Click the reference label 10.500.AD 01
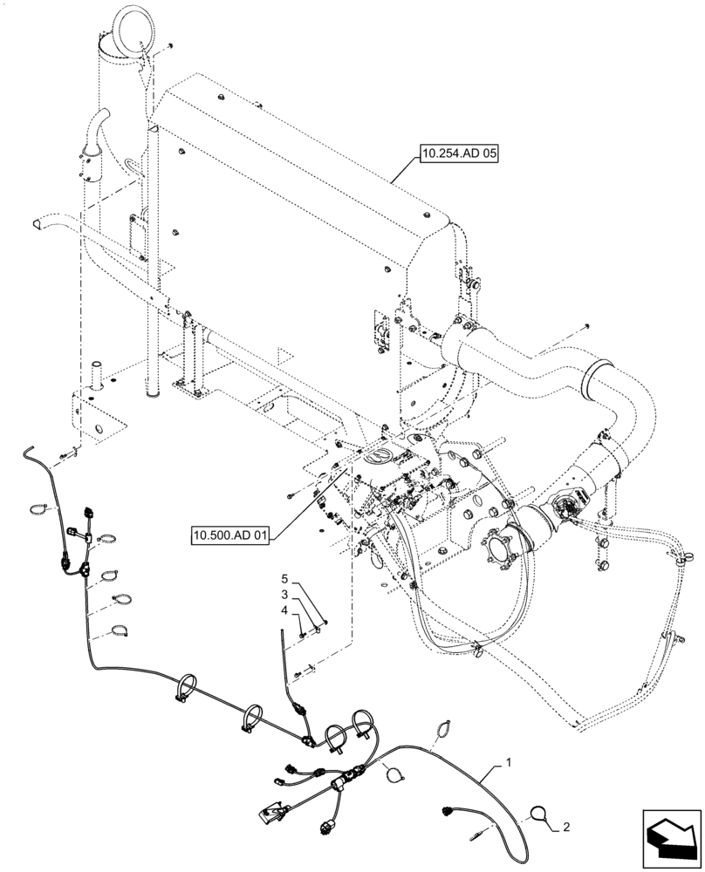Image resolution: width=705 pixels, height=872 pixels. tap(229, 531)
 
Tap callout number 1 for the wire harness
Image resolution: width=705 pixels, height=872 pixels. tap(509, 764)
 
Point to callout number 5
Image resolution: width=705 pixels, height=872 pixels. tap(284, 579)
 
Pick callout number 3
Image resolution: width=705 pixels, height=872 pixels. tap(284, 594)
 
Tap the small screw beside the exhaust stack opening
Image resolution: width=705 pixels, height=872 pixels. tap(172, 44)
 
